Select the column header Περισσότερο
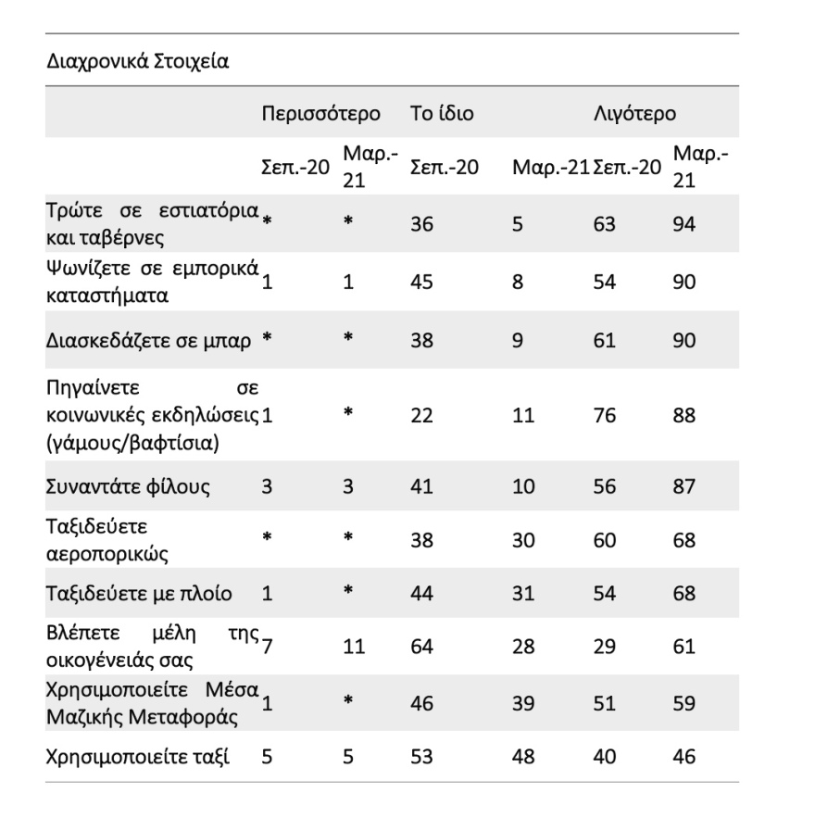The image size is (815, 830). tap(320, 115)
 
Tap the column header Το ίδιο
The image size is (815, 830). tap(442, 115)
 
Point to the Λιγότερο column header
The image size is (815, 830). tap(634, 115)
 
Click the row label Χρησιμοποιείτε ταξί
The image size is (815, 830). tap(138, 756)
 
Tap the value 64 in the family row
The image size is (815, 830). tap(421, 645)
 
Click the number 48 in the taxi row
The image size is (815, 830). tap(523, 756)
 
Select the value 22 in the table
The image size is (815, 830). tap(421, 414)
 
